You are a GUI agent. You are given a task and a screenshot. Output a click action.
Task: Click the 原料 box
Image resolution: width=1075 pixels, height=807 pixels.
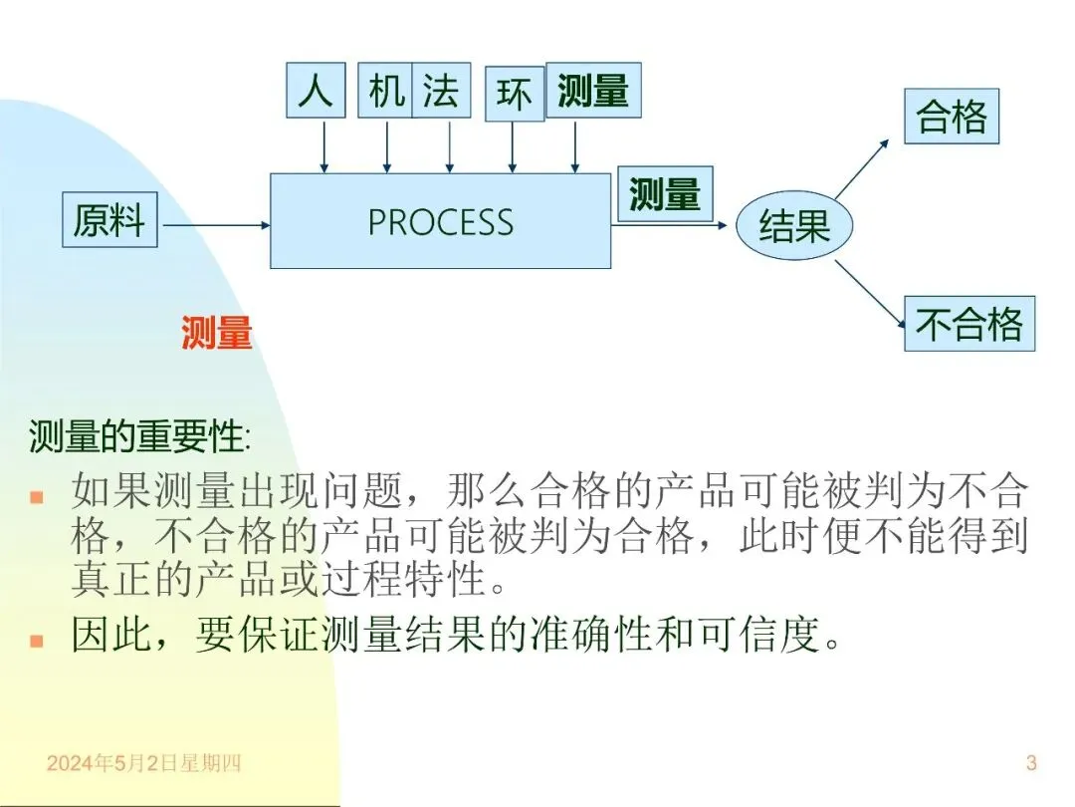tap(109, 220)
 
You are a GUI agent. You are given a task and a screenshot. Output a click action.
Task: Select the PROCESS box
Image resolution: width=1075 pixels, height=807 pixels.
tap(440, 221)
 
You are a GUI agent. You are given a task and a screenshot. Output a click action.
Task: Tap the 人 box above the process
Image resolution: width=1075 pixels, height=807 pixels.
tap(315, 90)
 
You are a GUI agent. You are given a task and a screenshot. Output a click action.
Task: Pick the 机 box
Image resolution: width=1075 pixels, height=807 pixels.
tap(385, 90)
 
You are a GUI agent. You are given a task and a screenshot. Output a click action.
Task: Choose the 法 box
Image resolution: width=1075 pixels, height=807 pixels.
tap(441, 90)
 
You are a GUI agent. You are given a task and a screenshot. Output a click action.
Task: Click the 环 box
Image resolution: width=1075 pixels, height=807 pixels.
tap(515, 95)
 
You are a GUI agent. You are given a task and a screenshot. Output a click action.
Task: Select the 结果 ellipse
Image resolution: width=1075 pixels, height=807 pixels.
tap(794, 226)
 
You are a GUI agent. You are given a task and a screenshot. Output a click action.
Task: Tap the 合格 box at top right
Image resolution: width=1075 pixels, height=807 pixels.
tap(952, 117)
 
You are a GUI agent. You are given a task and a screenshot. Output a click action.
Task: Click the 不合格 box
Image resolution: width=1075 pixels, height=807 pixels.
tap(968, 324)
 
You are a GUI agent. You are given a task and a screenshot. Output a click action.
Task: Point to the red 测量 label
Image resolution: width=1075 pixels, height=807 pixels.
tap(217, 334)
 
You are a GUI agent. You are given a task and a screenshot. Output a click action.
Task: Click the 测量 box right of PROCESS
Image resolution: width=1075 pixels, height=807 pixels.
tap(665, 193)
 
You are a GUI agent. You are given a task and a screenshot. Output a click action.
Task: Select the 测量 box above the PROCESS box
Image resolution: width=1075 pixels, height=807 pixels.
tap(593, 90)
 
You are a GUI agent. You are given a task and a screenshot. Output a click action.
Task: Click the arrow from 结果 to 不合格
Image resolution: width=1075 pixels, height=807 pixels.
tap(869, 295)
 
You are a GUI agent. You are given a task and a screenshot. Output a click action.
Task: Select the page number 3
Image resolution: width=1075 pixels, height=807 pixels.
tap(1031, 763)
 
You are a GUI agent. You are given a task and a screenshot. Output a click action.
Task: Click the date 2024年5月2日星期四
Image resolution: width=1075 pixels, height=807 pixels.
tap(144, 763)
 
